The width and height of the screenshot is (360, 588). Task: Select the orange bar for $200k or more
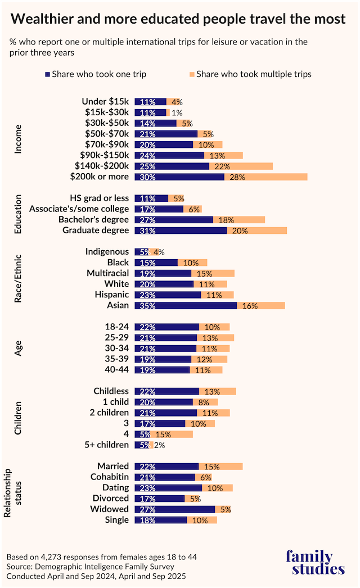[266, 177]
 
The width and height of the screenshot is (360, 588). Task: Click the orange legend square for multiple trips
[191, 74]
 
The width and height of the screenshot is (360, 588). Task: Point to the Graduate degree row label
[96, 230]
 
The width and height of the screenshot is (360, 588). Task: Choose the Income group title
[18, 139]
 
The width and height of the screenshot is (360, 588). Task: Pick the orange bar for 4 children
[172, 434]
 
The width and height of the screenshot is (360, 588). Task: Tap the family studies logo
[315, 563]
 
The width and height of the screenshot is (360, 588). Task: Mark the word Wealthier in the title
[44, 20]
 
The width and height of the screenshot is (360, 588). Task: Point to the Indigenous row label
[107, 252]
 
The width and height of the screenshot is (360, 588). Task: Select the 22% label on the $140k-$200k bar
[222, 166]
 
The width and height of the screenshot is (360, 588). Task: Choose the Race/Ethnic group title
[18, 279]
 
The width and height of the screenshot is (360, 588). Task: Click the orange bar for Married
[221, 466]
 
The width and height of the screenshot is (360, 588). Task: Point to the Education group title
[18, 215]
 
